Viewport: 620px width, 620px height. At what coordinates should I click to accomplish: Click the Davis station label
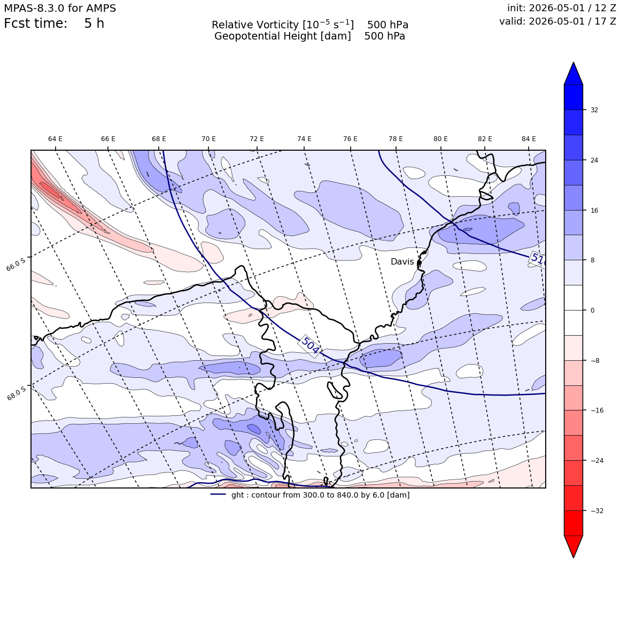click(402, 262)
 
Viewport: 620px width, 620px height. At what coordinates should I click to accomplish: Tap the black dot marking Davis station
click(419, 262)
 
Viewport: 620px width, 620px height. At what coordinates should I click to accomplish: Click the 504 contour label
click(310, 345)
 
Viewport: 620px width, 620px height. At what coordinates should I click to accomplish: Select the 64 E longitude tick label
click(56, 139)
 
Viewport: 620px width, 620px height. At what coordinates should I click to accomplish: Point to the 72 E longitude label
click(257, 139)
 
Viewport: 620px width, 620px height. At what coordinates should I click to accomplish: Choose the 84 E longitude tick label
click(529, 139)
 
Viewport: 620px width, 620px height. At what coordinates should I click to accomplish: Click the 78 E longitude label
click(396, 139)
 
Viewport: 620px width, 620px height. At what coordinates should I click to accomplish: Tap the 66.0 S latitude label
click(16, 263)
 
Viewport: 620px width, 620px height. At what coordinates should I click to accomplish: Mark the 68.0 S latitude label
click(17, 393)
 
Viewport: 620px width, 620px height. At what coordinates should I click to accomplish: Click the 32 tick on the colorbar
click(594, 110)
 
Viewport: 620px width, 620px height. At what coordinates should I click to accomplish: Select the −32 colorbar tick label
click(597, 510)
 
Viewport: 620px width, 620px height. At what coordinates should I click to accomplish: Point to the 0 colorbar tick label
click(592, 311)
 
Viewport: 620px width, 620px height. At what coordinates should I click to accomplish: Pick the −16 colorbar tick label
click(597, 410)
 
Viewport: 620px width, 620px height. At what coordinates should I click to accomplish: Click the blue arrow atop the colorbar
click(573, 74)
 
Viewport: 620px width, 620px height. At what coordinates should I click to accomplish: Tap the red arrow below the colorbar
click(573, 546)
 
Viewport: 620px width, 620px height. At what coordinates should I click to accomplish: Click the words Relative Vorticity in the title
click(255, 25)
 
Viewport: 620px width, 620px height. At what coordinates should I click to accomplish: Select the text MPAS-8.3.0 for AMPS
click(60, 9)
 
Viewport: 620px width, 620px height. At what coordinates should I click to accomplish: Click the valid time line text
click(557, 21)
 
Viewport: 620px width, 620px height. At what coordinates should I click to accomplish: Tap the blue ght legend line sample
click(218, 494)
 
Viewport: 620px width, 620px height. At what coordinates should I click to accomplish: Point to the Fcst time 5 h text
click(54, 24)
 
